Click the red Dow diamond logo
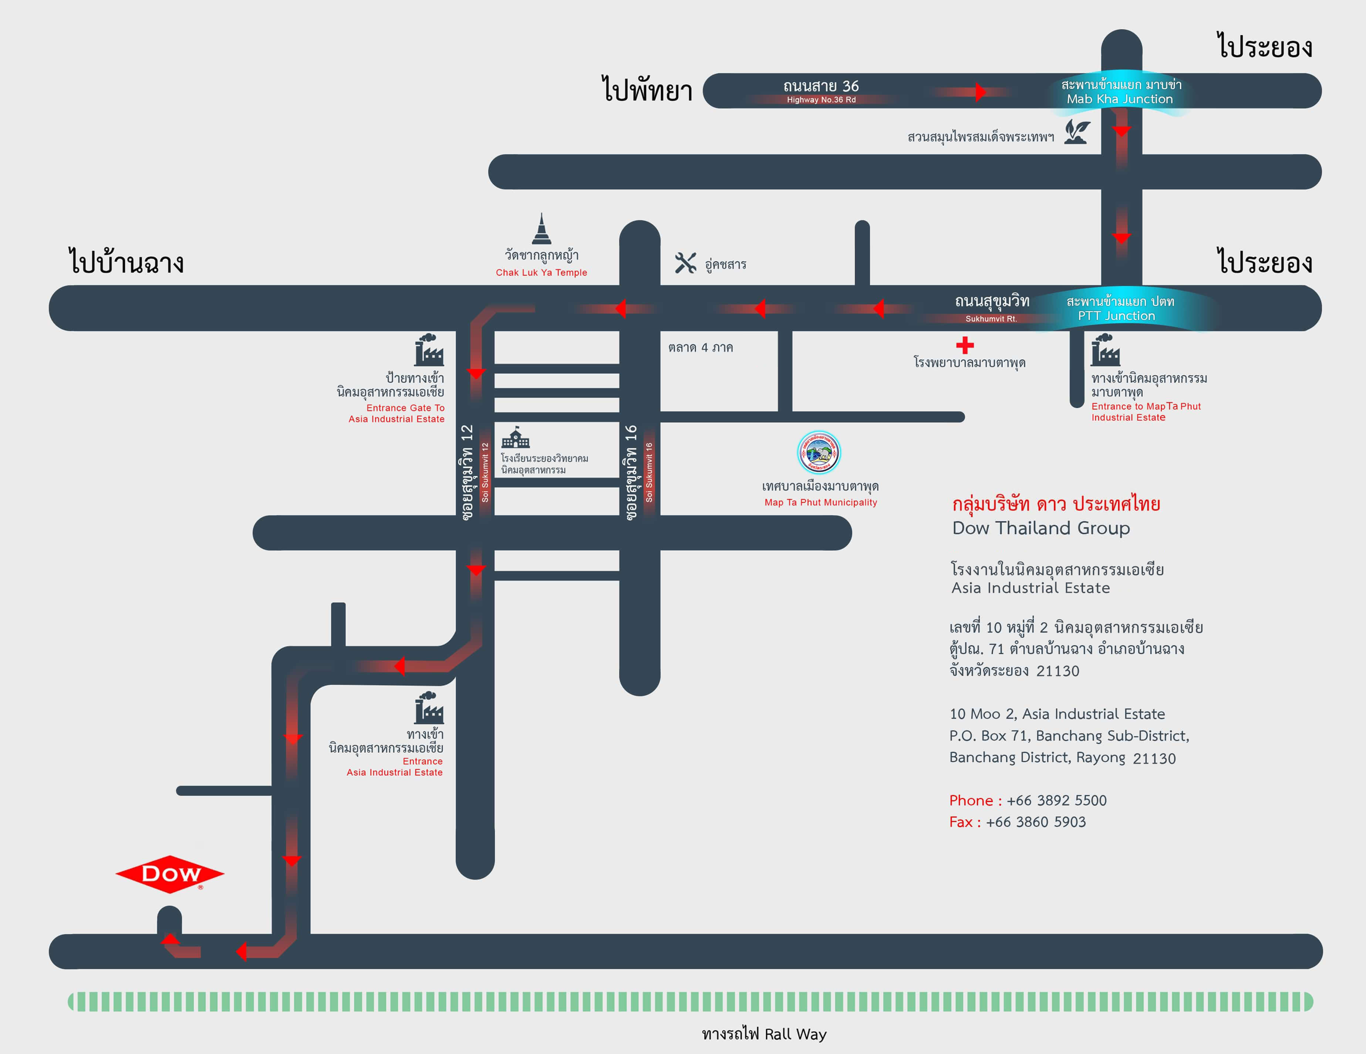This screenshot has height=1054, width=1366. pos(169,874)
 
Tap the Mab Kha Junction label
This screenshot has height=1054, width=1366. pos(1120,99)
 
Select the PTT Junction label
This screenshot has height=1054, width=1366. pos(1116,316)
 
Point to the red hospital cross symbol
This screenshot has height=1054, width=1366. pos(965,345)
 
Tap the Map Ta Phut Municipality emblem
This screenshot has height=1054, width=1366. pos(819,452)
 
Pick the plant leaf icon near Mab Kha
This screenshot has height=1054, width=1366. pos(1077,132)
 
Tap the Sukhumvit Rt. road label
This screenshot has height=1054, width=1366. pos(991,319)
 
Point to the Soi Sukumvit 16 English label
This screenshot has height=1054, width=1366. pos(649,472)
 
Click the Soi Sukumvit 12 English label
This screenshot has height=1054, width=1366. pos(485,472)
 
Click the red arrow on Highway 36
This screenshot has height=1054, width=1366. pos(980,92)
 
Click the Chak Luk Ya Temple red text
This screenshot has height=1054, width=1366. pos(541,273)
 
